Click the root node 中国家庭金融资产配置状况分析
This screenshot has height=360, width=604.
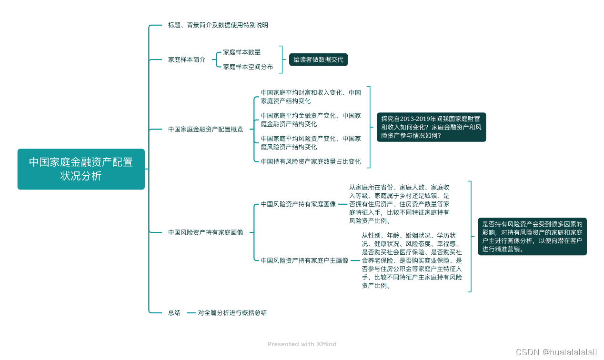(81, 169)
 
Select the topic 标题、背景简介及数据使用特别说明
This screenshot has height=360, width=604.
(218, 25)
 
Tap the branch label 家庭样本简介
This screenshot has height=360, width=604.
(187, 60)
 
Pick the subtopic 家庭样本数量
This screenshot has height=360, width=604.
(242, 52)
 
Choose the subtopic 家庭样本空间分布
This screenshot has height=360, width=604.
(248, 67)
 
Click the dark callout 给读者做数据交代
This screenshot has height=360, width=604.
(318, 60)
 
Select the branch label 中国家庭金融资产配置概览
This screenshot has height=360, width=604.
(205, 129)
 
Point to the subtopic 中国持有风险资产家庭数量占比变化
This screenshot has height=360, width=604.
(311, 161)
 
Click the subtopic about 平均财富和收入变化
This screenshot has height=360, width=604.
(311, 97)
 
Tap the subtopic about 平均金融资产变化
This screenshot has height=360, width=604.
(311, 120)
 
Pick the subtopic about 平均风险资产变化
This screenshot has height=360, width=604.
(311, 142)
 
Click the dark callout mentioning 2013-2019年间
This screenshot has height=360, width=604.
(432, 127)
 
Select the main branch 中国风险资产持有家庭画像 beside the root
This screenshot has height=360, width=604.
(205, 232)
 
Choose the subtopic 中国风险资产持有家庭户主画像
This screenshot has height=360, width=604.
(304, 260)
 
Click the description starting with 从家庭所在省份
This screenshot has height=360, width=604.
(399, 204)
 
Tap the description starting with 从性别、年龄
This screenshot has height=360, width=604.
(412, 260)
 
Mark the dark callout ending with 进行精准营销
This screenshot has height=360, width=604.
(532, 237)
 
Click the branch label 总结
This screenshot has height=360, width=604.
(174, 313)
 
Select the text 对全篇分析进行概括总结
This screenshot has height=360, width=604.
(232, 313)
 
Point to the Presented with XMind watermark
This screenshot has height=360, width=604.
(302, 344)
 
